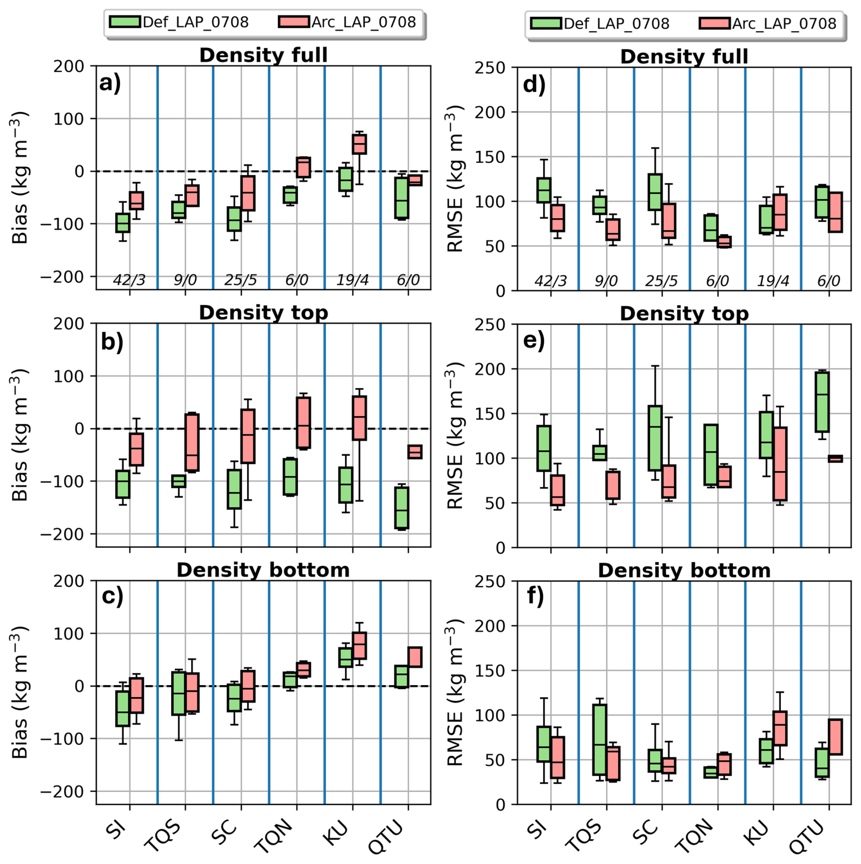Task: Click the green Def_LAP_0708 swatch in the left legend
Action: [124, 22]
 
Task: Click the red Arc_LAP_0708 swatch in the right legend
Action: [714, 23]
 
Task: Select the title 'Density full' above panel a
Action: [263, 55]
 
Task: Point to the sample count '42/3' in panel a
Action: [129, 280]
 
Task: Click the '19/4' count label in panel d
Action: [773, 281]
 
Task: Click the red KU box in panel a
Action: [359, 144]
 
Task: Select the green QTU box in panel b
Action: [401, 508]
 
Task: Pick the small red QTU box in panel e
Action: [835, 458]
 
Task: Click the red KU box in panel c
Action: [359, 645]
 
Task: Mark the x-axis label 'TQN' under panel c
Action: [274, 834]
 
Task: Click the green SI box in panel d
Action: [544, 190]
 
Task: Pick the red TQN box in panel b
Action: [304, 422]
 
